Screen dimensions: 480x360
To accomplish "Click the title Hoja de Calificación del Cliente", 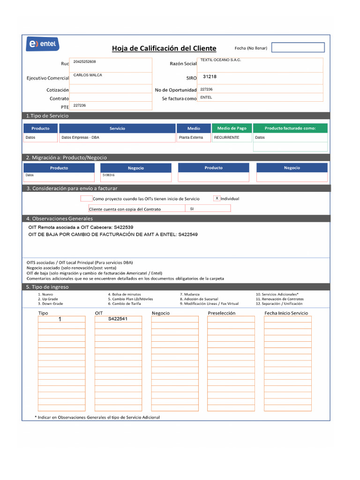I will [x=164, y=48].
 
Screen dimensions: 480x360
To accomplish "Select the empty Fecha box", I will [x=298, y=47].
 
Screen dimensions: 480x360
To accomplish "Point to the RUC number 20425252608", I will [x=85, y=62].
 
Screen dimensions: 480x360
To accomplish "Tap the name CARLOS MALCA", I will [x=88, y=75].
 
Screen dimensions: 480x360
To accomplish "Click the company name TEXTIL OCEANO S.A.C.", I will [x=220, y=60].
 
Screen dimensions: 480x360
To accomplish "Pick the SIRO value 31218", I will [x=210, y=76].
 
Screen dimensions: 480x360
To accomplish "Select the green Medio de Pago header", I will [x=232, y=128].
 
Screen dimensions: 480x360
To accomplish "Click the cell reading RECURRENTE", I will [x=226, y=138].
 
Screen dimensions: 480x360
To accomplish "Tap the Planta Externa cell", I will [x=191, y=138].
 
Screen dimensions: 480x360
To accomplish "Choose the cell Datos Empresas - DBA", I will [x=80, y=138].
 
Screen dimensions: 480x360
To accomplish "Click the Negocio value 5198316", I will [x=108, y=175].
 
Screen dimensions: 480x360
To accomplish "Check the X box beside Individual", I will [x=217, y=198].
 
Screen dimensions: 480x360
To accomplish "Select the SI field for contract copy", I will [x=192, y=209].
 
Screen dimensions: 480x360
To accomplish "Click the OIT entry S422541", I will [x=118, y=319].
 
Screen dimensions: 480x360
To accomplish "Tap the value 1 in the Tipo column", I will [x=60, y=319].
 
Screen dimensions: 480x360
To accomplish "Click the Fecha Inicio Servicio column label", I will [x=286, y=313].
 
